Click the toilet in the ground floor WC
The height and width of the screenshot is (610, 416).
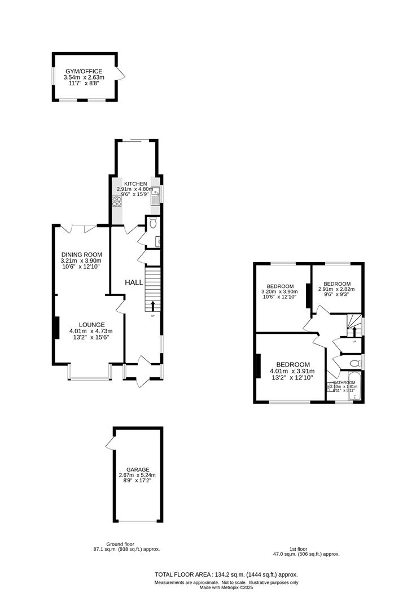pos(154,224)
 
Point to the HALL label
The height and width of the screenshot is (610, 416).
pos(134,282)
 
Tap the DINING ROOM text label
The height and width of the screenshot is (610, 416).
pos(82,255)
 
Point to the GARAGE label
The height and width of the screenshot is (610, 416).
pos(137,469)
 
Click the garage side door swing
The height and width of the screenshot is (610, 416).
pos(110,445)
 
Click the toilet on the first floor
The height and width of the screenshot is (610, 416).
pos(354,363)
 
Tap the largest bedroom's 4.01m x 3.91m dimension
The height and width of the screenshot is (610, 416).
pos(292,371)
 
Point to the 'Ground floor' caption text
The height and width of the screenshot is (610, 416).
pos(120,544)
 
